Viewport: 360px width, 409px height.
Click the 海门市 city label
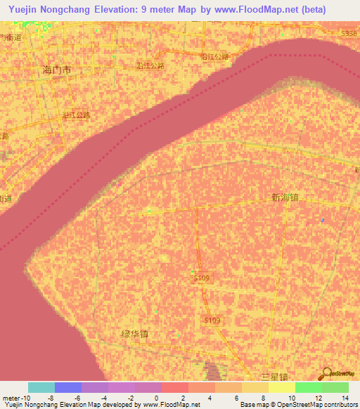coord(57,70)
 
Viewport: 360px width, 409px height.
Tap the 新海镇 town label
coord(285,198)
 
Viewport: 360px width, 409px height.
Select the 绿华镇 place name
coord(134,335)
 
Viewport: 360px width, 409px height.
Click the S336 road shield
coord(349,33)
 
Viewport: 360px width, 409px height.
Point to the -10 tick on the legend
coord(25,397)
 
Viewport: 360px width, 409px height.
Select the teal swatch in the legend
coord(41,387)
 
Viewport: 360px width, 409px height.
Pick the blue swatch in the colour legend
coord(68,387)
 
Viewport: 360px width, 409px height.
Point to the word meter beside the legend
coord(11,397)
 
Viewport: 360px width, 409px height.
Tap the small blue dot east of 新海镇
coord(323,220)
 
